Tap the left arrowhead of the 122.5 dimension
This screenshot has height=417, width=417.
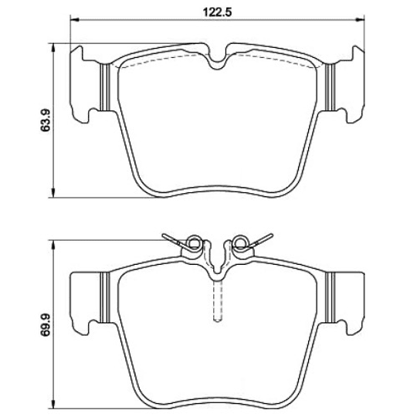coord(72,21)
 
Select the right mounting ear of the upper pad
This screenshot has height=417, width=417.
coord(352,85)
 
